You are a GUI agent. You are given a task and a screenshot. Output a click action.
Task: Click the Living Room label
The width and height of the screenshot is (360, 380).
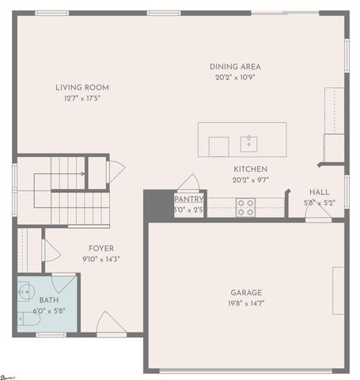[x=82, y=87]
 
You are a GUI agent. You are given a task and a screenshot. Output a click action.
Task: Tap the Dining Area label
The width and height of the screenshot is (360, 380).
[x=235, y=66]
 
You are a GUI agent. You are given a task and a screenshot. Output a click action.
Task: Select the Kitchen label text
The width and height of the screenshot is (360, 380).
[x=250, y=169]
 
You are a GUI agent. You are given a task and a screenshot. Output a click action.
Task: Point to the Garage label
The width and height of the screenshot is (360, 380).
[x=247, y=292]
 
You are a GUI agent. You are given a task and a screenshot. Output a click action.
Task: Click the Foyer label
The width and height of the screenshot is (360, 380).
[x=100, y=248]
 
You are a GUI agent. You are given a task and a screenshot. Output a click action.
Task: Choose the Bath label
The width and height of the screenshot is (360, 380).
[x=48, y=300]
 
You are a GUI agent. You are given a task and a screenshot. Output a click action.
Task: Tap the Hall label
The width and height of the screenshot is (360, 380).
[x=320, y=192]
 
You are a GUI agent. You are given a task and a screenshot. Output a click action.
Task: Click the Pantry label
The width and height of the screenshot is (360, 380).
[x=189, y=199]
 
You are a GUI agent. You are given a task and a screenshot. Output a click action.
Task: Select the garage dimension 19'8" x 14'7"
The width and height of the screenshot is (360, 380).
[x=247, y=303]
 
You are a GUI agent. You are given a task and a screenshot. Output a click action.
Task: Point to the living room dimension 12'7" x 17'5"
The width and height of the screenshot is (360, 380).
[x=82, y=98]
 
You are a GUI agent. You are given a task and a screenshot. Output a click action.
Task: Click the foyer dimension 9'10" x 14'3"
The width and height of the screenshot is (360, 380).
[x=100, y=259]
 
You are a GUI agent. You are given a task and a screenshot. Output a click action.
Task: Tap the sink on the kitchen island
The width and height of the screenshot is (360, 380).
[x=249, y=142]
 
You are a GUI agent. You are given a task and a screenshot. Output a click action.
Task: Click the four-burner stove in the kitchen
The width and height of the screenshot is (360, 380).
[x=246, y=207]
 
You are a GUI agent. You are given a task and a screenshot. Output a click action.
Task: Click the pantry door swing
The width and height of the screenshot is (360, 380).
[x=189, y=183]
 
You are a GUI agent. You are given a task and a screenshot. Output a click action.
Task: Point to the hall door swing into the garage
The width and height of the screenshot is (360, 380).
[x=318, y=215]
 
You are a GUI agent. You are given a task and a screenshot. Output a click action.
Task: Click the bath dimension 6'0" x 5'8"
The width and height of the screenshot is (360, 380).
[x=48, y=310]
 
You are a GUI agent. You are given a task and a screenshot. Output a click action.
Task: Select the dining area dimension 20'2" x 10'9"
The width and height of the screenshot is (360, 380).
[x=235, y=78]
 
